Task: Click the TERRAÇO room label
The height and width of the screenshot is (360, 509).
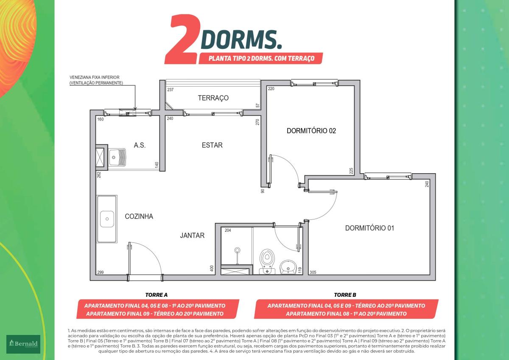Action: pos(213,98)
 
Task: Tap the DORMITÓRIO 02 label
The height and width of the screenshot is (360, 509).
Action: pos(311,131)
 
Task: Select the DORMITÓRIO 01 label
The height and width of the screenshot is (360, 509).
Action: pos(370,228)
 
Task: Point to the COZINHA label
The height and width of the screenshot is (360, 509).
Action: pos(139,216)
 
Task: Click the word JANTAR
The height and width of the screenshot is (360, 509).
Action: pos(192,235)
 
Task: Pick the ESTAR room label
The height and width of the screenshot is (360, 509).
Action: pos(212,145)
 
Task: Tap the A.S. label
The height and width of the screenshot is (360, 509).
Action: pos(140,145)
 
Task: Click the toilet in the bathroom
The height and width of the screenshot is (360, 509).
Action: pos(267,262)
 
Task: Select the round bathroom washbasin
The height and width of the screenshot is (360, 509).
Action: pos(288,267)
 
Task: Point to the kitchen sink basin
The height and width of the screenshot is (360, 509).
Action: pos(107,219)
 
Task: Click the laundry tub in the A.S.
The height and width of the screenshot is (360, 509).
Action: pos(117,157)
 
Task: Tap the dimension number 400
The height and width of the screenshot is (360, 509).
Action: pos(212,268)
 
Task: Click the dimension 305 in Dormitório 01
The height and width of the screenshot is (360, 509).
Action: pos(313,272)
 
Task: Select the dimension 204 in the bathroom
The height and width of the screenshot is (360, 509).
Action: pos(228,231)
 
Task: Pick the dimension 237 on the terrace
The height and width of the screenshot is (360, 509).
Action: pos(171,90)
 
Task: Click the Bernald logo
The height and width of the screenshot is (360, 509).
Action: pos(23,344)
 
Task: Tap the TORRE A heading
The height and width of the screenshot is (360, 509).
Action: pos(157,295)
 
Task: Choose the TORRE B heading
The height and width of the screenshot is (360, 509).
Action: pos(345,295)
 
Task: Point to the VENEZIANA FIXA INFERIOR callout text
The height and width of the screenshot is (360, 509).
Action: pos(95,77)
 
